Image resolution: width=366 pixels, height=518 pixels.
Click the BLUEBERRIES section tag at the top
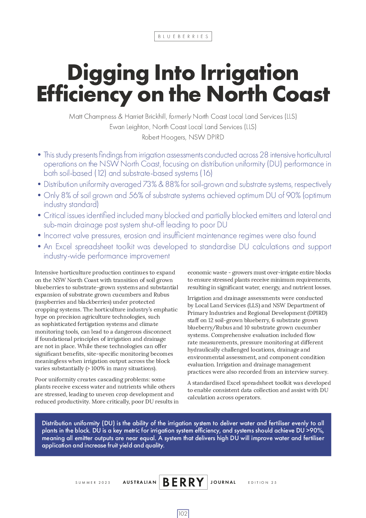click(183, 36)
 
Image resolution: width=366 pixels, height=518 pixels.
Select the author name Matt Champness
click(92, 117)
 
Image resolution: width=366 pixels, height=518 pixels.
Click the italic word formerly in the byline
click(180, 117)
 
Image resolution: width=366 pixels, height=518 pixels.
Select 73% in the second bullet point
click(150, 184)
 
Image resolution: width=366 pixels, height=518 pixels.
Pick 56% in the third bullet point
click(136, 196)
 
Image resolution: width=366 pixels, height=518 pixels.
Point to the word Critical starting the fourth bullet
click(56, 216)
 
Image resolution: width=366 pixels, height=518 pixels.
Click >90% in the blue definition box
click(315, 430)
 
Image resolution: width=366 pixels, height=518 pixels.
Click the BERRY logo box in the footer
click(183, 482)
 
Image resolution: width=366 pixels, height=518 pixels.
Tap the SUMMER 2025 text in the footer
click(93, 482)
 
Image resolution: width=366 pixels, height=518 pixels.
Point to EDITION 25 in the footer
click(262, 482)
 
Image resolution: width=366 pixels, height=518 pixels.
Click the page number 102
click(183, 514)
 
